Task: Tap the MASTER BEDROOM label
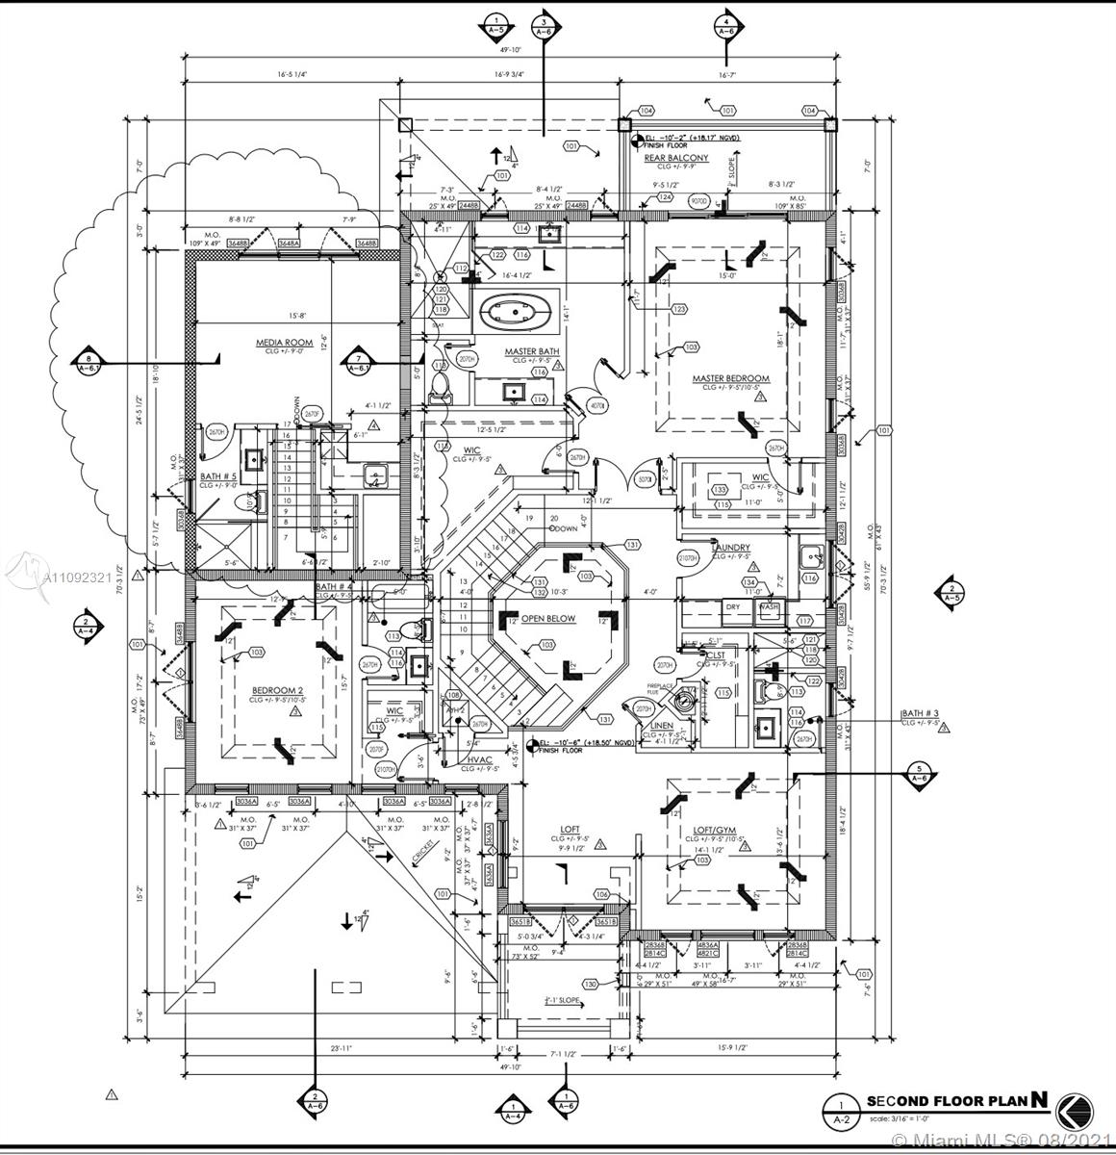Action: (x=730, y=378)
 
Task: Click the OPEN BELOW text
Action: (x=548, y=619)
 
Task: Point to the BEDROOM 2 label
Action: (x=278, y=690)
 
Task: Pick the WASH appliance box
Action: (x=769, y=607)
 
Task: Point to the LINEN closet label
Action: (x=662, y=725)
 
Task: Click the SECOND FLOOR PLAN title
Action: (x=947, y=1101)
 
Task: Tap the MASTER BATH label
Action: (x=532, y=351)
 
